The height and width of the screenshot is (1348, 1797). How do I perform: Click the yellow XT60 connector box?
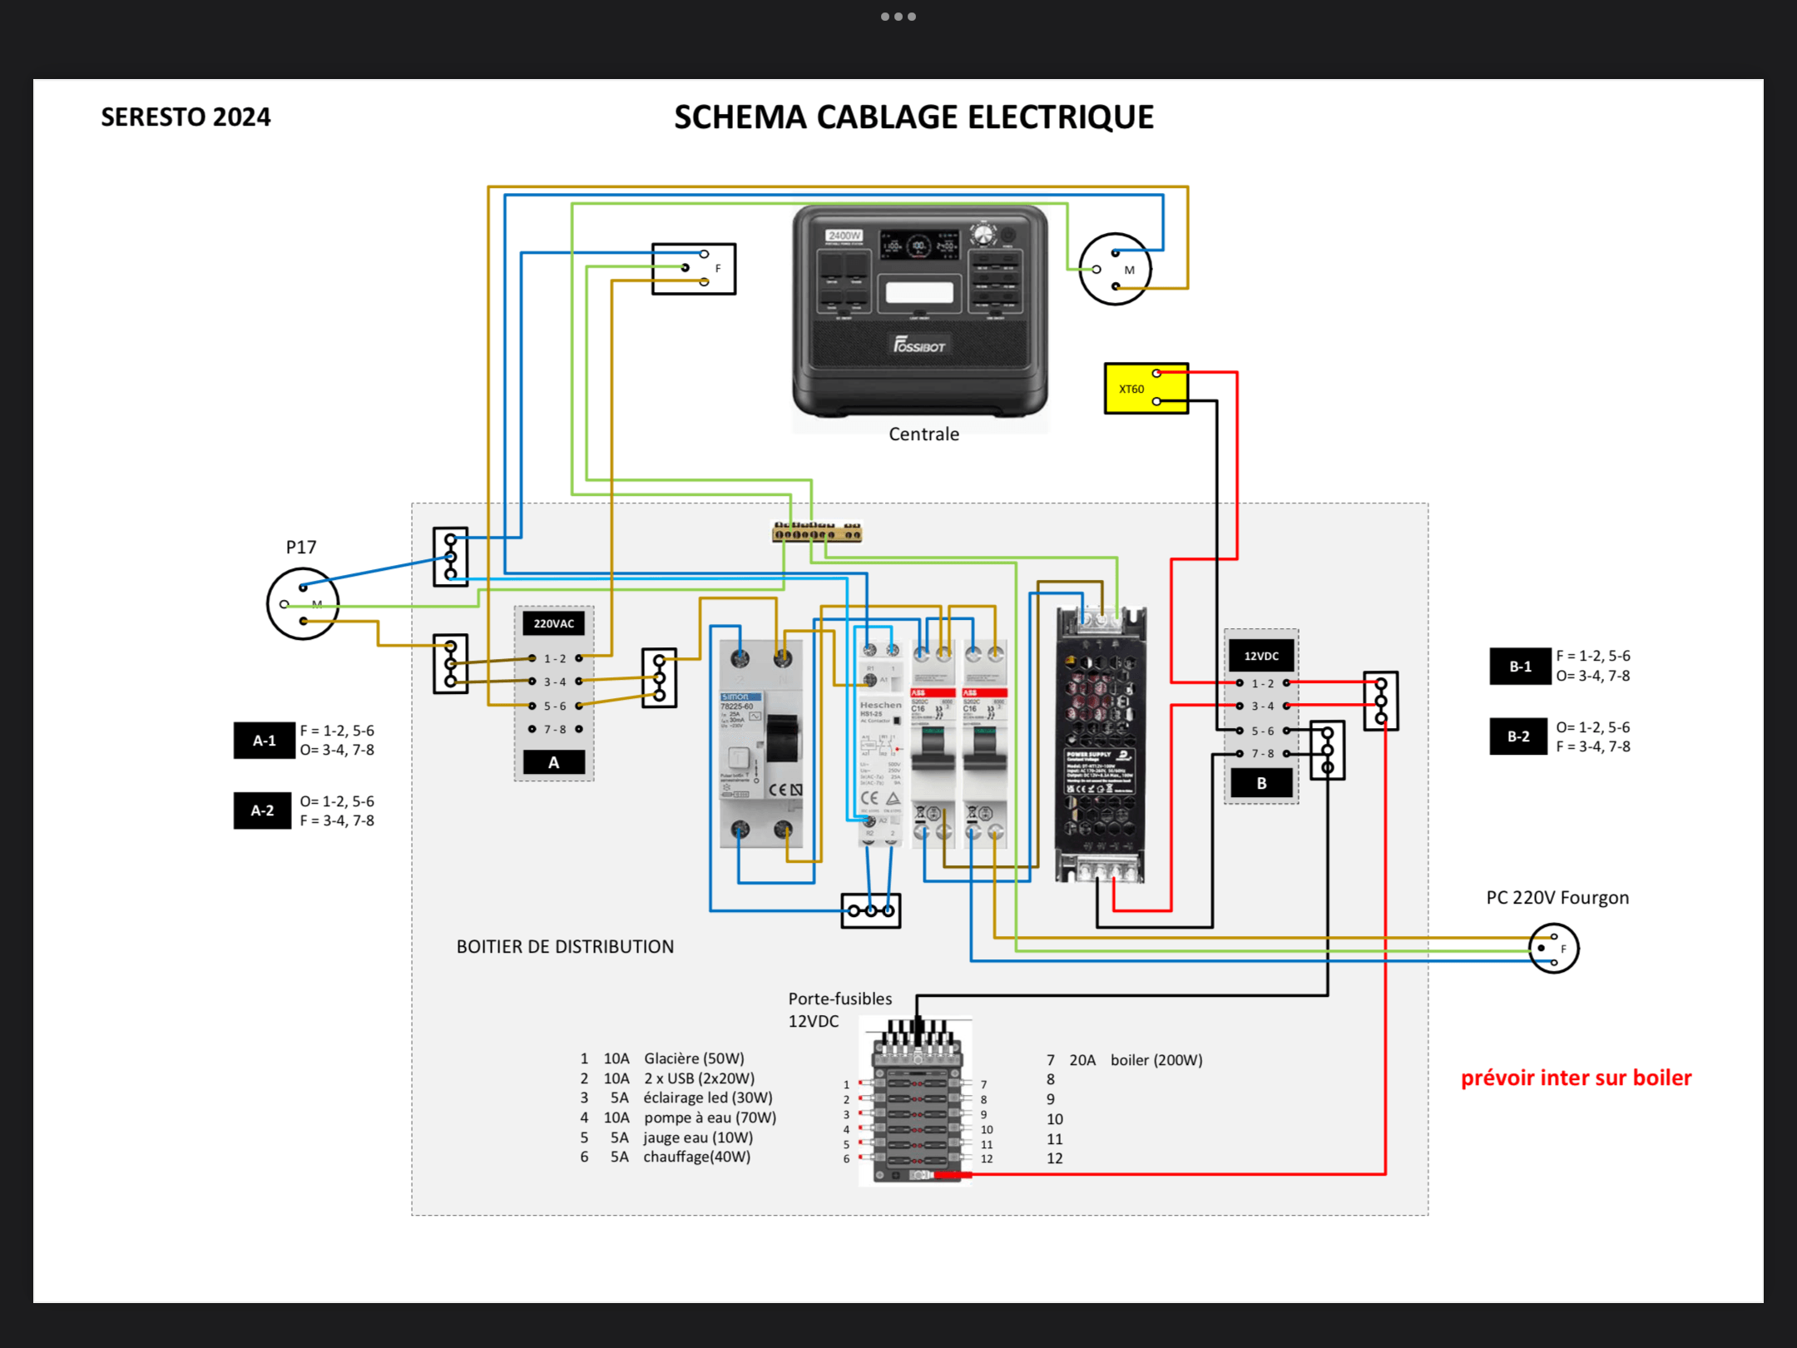pyautogui.click(x=1145, y=389)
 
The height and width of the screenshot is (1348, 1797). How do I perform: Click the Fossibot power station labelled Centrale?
pyautogui.click(x=919, y=312)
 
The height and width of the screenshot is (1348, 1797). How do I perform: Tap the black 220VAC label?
pyautogui.click(x=553, y=623)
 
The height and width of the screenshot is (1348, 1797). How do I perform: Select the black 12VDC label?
pyautogui.click(x=1261, y=656)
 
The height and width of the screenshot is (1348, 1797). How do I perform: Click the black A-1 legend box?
pyautogui.click(x=264, y=740)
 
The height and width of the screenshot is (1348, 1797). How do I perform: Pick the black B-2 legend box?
pyautogui.click(x=1518, y=736)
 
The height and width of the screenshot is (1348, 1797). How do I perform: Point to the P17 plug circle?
pyautogui.click(x=303, y=603)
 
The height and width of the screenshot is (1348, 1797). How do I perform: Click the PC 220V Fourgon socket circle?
pyautogui.click(x=1553, y=948)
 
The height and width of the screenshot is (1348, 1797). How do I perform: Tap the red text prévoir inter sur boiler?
pyautogui.click(x=1576, y=1078)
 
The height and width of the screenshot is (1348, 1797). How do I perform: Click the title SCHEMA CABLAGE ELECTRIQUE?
pyautogui.click(x=913, y=117)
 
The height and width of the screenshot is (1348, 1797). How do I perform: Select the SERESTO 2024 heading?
pyautogui.click(x=186, y=117)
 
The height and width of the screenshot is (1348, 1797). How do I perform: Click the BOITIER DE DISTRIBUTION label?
pyautogui.click(x=565, y=947)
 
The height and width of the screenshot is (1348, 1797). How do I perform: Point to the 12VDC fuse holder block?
pyautogui.click(x=917, y=1103)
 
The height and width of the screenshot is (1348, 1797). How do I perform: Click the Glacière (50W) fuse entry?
pyautogui.click(x=694, y=1058)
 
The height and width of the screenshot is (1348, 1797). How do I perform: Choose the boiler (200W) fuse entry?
pyautogui.click(x=1156, y=1060)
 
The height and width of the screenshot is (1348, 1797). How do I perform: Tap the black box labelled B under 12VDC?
pyautogui.click(x=1261, y=783)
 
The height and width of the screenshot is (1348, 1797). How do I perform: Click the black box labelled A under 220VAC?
pyautogui.click(x=553, y=762)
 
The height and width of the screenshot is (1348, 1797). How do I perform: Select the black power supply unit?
pyautogui.click(x=1100, y=745)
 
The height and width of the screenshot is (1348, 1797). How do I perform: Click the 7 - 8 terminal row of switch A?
pyautogui.click(x=555, y=730)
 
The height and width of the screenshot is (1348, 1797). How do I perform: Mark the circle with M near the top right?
pyautogui.click(x=1115, y=269)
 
